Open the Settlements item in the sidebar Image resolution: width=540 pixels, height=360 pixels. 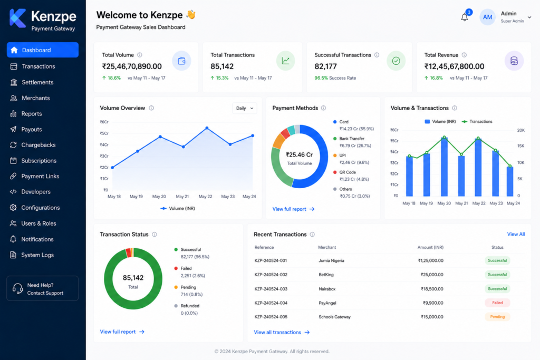[x=37, y=82]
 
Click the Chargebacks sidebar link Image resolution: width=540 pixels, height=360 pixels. [x=38, y=145]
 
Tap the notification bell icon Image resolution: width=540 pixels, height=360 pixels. [x=464, y=17]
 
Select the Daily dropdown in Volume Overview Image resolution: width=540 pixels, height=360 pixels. [x=245, y=108]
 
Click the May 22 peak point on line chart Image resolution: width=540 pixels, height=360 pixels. [x=207, y=128]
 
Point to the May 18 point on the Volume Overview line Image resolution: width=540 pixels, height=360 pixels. [x=113, y=167]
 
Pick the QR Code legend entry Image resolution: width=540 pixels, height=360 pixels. [x=351, y=176]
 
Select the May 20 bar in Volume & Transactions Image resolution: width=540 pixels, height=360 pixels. [x=444, y=167]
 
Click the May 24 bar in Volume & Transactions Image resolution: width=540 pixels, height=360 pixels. [x=510, y=182]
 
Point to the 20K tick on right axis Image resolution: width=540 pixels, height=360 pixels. [x=520, y=130]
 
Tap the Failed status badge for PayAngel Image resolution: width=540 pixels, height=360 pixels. [x=497, y=303]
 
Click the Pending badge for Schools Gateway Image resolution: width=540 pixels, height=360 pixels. [x=497, y=317]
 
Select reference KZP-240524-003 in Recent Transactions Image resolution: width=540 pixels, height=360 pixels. [x=271, y=289]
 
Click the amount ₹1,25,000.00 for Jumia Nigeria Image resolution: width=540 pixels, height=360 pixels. [x=430, y=260]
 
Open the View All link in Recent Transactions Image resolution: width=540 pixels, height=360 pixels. [x=516, y=234]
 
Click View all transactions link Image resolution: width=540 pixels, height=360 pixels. [x=282, y=332]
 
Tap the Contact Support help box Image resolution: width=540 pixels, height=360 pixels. [x=42, y=288]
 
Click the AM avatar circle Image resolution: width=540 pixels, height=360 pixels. [x=487, y=17]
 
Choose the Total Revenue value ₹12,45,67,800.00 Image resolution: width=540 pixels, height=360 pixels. [x=454, y=66]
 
